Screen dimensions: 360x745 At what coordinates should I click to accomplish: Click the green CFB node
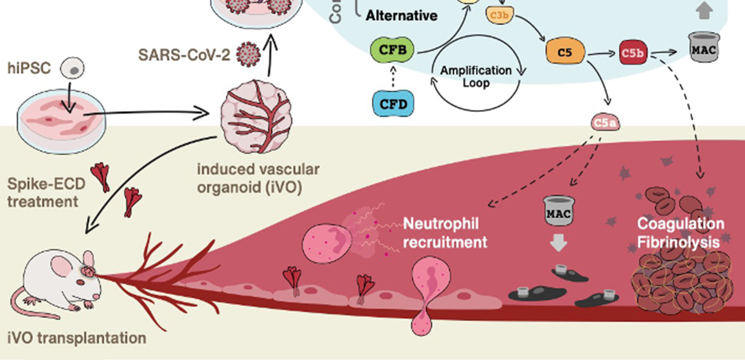coord(393,50)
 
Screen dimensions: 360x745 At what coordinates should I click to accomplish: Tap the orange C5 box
coord(565,53)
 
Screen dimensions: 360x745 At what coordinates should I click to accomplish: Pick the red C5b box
coord(634,53)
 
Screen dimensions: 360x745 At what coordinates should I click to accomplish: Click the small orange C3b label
coord(498,15)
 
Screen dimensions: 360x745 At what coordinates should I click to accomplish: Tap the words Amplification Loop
coord(476,77)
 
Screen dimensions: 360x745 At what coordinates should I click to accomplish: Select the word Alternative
coord(402,15)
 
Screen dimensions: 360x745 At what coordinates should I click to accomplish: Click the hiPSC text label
coord(29,69)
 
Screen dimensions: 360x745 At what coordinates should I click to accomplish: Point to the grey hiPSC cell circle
coord(73,69)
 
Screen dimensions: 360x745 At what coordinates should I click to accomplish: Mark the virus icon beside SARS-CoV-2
coord(248,54)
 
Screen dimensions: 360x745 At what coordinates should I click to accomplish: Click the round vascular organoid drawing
coord(256,115)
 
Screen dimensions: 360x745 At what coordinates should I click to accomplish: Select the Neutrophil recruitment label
coord(445,233)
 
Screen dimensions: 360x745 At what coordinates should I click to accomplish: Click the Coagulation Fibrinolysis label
coord(680,233)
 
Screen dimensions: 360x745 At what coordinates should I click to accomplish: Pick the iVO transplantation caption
coord(77,338)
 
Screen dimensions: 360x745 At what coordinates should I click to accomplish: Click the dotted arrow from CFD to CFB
coord(393,77)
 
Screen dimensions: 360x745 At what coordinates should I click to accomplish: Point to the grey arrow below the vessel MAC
coord(558,244)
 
